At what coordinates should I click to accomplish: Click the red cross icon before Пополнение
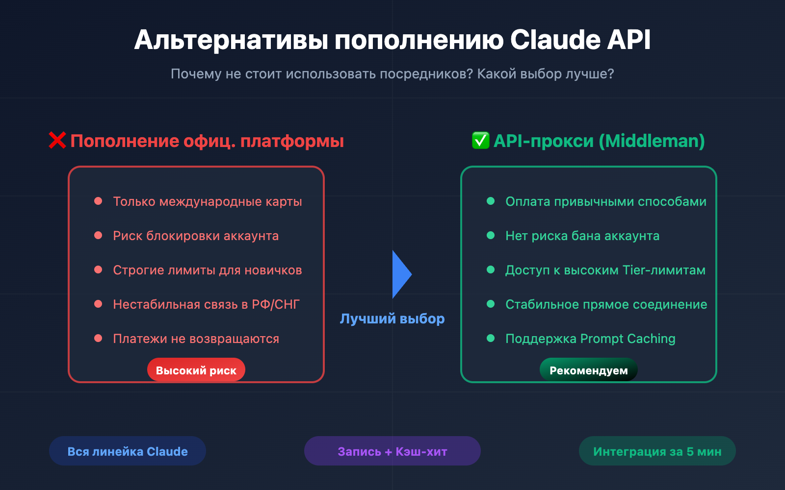click(x=57, y=141)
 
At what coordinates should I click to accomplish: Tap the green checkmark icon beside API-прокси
click(x=480, y=141)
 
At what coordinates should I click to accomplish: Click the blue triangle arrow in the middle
click(x=401, y=274)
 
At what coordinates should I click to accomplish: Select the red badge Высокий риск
click(x=196, y=370)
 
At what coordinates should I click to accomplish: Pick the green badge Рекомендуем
click(x=588, y=370)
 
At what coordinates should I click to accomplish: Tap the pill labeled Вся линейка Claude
click(x=128, y=451)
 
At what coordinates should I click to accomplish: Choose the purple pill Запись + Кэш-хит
click(x=392, y=451)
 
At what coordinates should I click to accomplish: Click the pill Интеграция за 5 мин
click(x=657, y=451)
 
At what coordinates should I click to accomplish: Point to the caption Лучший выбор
click(x=392, y=318)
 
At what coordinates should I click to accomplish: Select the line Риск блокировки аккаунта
click(x=196, y=236)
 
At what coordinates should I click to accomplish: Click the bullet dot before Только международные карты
click(x=98, y=201)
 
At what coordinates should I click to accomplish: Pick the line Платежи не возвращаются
click(x=196, y=339)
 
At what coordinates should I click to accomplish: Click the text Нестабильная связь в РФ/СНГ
click(x=206, y=304)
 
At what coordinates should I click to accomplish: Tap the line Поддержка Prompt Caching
click(x=590, y=339)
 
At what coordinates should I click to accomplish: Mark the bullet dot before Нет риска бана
click(x=491, y=235)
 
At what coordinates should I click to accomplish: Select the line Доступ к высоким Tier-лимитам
click(x=605, y=270)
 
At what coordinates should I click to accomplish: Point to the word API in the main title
click(x=629, y=40)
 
